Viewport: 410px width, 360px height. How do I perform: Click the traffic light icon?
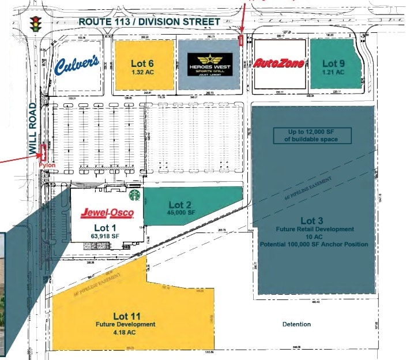[37, 24]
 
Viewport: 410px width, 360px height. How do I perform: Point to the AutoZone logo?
[279, 63]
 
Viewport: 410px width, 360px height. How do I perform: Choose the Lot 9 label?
[333, 63]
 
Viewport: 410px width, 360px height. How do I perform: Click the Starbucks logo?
[135, 196]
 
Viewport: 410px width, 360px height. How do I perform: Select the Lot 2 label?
[179, 204]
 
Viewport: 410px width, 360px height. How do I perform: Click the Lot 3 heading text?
[308, 221]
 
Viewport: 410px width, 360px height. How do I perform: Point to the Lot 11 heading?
[127, 316]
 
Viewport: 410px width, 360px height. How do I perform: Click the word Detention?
[296, 324]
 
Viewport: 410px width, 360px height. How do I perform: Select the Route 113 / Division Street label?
[149, 21]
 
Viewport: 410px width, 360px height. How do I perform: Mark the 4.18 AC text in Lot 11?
[126, 332]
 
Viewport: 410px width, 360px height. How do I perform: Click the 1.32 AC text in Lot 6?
[143, 73]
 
